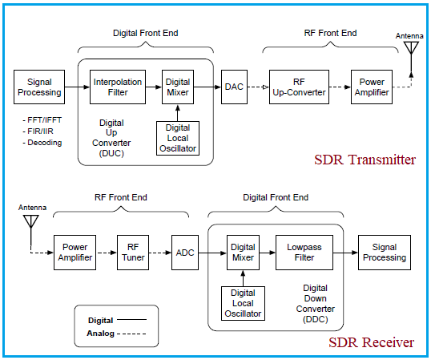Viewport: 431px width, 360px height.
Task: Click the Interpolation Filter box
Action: point(118,87)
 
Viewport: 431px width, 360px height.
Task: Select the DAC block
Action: point(233,87)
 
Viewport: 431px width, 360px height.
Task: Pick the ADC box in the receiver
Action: point(186,252)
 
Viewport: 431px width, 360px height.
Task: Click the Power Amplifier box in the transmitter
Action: point(373,87)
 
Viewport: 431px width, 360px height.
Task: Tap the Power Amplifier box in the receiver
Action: point(75,252)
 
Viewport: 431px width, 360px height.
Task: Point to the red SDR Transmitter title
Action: point(364,160)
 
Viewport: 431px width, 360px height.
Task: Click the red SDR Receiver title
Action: point(372,342)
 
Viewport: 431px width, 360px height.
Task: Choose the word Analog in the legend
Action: point(100,332)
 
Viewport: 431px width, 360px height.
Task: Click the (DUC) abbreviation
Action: point(111,153)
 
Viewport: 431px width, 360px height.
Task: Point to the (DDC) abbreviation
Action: point(316,318)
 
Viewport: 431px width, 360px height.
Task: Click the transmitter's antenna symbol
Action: point(412,47)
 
